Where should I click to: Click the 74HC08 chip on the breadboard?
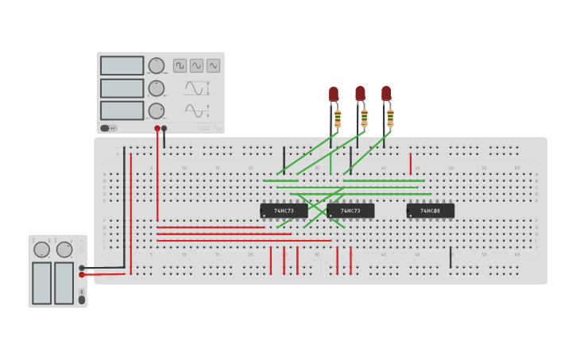pyautogui.click(x=430, y=211)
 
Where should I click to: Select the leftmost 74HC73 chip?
pyautogui.click(x=284, y=211)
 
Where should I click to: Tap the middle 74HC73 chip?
pyautogui.click(x=350, y=211)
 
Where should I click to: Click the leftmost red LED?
pyautogui.click(x=334, y=94)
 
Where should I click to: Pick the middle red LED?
pyautogui.click(x=360, y=93)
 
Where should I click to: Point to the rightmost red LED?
pyautogui.click(x=386, y=93)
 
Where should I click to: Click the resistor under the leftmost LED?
pyautogui.click(x=338, y=118)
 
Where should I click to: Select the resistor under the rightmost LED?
pyautogui.click(x=390, y=118)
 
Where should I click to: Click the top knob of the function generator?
pyautogui.click(x=157, y=65)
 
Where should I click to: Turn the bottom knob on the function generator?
pyautogui.click(x=157, y=110)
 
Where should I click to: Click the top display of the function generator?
pyautogui.click(x=122, y=65)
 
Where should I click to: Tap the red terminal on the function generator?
pyautogui.click(x=157, y=128)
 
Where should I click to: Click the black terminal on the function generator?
pyautogui.click(x=164, y=128)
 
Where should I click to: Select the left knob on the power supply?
pyautogui.click(x=41, y=250)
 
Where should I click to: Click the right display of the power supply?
pyautogui.click(x=64, y=283)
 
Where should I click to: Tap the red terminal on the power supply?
pyautogui.click(x=82, y=275)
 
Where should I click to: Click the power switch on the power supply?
pyautogui.click(x=81, y=300)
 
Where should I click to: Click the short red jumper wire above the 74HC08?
pyautogui.click(x=410, y=164)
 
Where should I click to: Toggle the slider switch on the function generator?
pyautogui.click(x=105, y=128)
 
